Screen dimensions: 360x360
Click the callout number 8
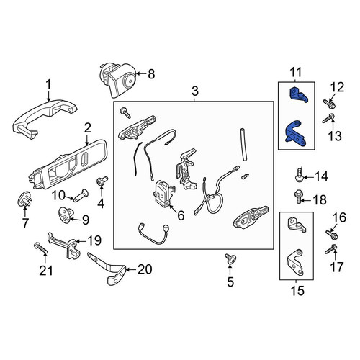tap(151, 73)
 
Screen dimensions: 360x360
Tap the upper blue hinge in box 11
tap(299, 95)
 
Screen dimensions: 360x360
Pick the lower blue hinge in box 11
tap(296, 135)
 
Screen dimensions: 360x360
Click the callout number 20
tap(145, 269)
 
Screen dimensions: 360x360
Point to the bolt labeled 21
tap(41, 248)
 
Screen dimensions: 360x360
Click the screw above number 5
tap(230, 258)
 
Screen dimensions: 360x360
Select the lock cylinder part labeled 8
tap(117, 79)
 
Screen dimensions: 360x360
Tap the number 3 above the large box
tap(195, 91)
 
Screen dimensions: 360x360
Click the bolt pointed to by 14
tap(299, 175)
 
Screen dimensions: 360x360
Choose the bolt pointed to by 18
tap(298, 196)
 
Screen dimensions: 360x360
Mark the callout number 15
tap(297, 291)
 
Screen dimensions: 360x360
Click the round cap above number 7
tap(24, 199)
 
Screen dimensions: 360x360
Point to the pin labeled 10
tap(81, 195)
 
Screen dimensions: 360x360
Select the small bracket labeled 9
tap(66, 214)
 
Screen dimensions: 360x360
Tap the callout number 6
tap(181, 215)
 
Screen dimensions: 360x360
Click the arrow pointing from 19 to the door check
tap(81, 240)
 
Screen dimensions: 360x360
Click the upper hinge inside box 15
tap(297, 225)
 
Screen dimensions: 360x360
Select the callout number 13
tap(335, 136)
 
